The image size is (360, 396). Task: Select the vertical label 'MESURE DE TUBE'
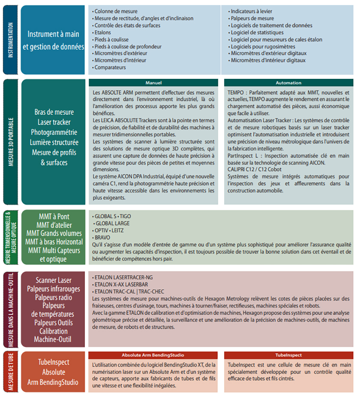tap(10, 371)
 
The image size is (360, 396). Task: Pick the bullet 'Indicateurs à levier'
tap(251, 12)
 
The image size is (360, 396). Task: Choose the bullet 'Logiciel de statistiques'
tap(257, 33)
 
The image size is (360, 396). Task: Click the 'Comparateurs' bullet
tap(110, 67)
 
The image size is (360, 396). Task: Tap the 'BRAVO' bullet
tap(102, 237)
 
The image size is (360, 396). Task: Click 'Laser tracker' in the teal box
tap(54, 122)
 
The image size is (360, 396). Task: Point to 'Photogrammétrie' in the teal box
tap(54, 132)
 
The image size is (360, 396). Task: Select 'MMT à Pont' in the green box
tap(54, 216)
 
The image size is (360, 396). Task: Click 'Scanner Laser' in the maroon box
tap(54, 280)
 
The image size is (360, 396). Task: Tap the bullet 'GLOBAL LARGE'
tap(112, 223)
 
